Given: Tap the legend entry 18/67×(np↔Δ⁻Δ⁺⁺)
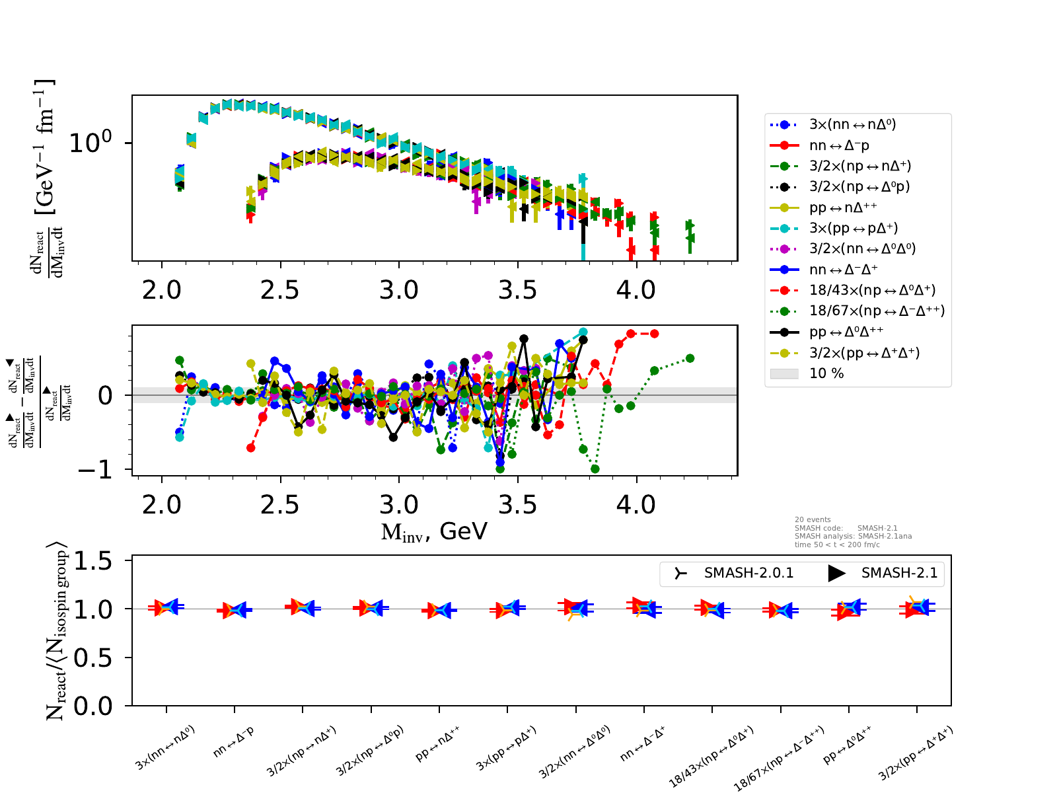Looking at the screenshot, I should tap(877, 311).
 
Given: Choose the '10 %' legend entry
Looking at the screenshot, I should tap(826, 373).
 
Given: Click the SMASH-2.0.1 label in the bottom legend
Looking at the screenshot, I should tap(748, 573).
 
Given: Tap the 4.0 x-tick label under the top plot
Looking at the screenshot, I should tap(636, 290).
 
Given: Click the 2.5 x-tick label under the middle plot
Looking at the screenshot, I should tap(280, 505).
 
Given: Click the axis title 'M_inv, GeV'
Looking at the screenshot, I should tap(434, 532).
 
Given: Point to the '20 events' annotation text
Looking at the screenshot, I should tap(813, 520).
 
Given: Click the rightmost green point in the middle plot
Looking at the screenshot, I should tap(690, 358).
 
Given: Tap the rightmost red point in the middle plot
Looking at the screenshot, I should tap(654, 334).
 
